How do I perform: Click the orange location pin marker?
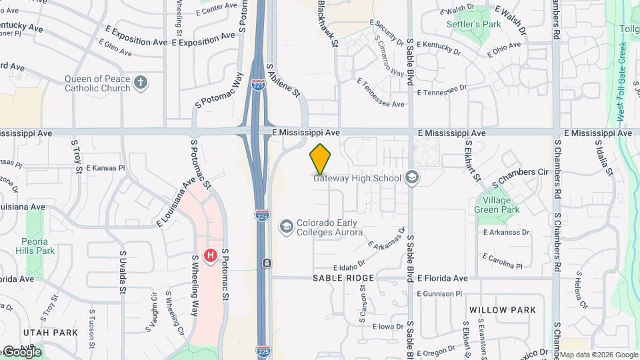pos(321,159)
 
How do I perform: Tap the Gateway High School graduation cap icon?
pos(412,178)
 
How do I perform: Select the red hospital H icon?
pos(211,255)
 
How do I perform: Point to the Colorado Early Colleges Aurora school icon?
pos(287,227)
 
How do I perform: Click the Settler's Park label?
pos(473,25)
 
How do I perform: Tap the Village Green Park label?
pos(497,205)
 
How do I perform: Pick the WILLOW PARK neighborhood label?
pos(502,310)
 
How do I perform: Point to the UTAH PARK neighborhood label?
pos(51,332)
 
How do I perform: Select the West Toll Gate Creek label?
pos(621,80)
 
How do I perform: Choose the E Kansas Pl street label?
pos(105,168)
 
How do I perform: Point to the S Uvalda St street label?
pos(123,272)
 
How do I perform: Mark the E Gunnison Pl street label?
pos(439,293)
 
